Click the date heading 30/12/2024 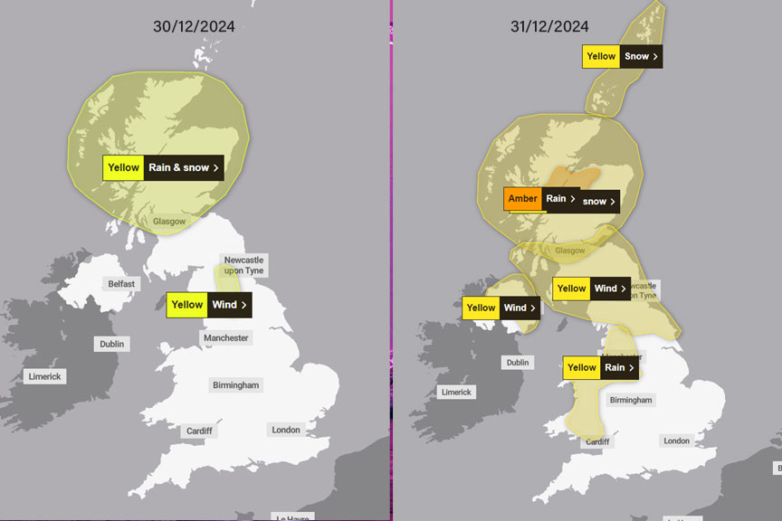coord(194,26)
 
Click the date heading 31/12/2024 coord(549,26)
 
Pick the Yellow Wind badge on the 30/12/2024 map coord(208,305)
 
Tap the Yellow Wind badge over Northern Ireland coord(501,308)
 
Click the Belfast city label coord(121,283)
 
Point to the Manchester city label coord(225,338)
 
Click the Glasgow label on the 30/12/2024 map coord(169,222)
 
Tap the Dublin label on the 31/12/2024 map coord(518,363)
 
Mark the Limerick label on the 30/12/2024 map coord(45,376)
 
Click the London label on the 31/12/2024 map coord(676,440)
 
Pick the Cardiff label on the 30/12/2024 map coord(199,431)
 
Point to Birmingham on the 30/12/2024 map coord(235,385)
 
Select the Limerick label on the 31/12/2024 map coord(456,392)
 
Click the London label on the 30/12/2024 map coord(286,430)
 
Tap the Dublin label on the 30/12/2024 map coord(113,344)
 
